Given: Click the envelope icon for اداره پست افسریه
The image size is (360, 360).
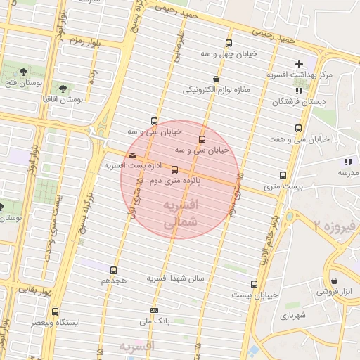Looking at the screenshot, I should pyautogui.click(x=133, y=155).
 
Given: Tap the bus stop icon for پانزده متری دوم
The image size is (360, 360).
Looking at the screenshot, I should pyautogui.click(x=174, y=169).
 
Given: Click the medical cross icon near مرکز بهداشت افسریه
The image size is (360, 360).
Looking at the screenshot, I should pyautogui.click(x=299, y=64).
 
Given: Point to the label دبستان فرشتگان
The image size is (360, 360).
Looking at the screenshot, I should pyautogui.click(x=292, y=102).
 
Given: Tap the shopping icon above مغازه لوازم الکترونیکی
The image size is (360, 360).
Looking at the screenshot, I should pyautogui.click(x=215, y=79).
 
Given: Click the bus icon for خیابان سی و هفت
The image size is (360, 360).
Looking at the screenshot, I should pyautogui.click(x=299, y=129).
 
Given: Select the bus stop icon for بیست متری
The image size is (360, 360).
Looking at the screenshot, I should pyautogui.click(x=283, y=175).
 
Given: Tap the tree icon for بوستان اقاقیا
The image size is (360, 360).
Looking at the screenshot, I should pyautogui.click(x=63, y=89).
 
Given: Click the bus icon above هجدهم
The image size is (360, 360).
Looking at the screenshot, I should pyautogui.click(x=113, y=269).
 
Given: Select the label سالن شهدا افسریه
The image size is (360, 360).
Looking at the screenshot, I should pyautogui.click(x=175, y=278).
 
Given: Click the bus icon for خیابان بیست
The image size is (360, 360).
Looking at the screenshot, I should pyautogui.click(x=255, y=284).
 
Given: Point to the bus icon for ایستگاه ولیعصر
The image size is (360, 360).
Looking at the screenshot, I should pyautogui.click(x=55, y=311).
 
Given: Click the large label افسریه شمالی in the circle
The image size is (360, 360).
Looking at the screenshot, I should pyautogui.click(x=181, y=213).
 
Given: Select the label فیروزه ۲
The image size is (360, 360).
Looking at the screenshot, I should pyautogui.click(x=337, y=226).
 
